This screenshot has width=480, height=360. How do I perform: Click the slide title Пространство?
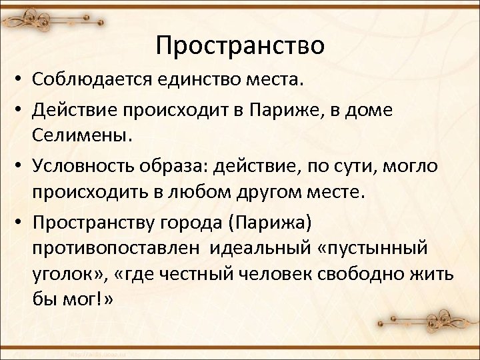[240, 45]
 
